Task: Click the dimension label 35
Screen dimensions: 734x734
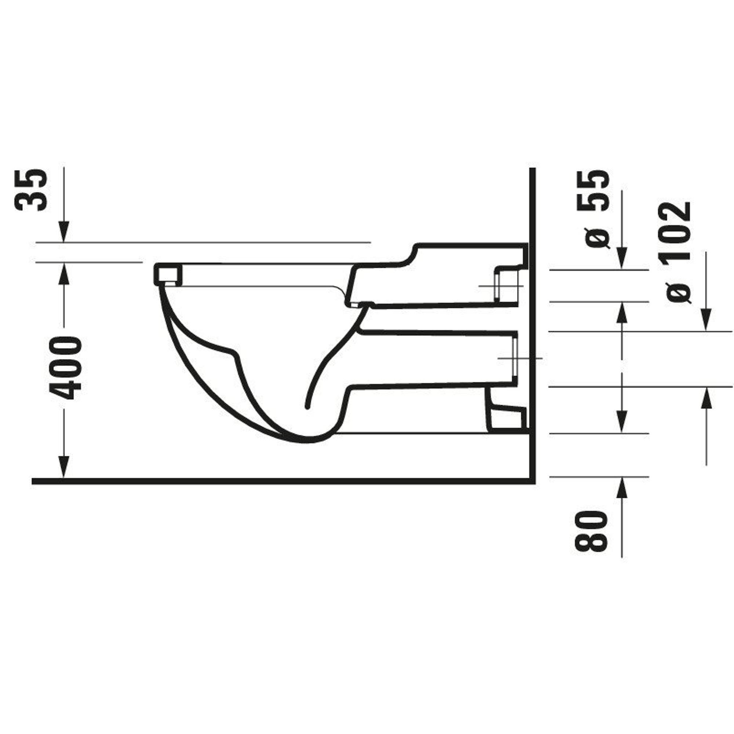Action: [31, 190]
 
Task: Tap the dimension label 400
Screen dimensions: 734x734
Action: [65, 368]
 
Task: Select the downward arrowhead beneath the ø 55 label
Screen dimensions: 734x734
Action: [622, 258]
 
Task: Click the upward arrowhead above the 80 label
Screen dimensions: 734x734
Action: [622, 488]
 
